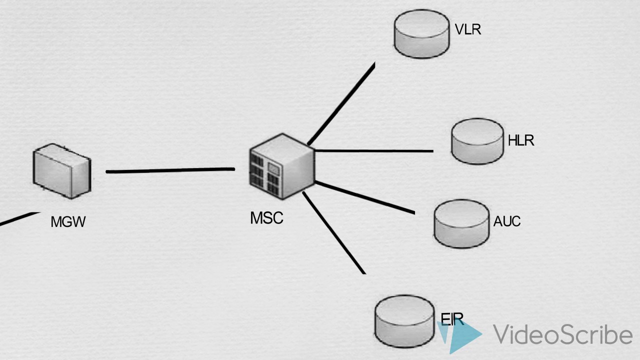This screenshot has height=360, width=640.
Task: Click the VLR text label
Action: (x=467, y=29)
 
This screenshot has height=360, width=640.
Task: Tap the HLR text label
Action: (x=521, y=140)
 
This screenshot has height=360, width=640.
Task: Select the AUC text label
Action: (x=507, y=221)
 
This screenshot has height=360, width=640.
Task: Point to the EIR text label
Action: (x=452, y=319)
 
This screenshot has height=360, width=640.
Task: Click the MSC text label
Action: (x=266, y=217)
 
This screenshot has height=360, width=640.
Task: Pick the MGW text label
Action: (x=68, y=221)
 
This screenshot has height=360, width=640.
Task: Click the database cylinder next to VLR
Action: (x=421, y=34)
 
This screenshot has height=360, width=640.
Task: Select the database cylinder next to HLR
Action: (x=477, y=141)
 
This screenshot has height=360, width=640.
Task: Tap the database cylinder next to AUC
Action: (x=461, y=223)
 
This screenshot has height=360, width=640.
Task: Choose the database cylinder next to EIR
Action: (x=404, y=321)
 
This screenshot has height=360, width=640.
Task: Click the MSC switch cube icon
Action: (x=282, y=166)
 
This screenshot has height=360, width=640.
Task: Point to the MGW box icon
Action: (x=62, y=171)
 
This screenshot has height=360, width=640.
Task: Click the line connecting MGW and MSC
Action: (x=170, y=170)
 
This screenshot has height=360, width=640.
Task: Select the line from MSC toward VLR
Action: (x=341, y=103)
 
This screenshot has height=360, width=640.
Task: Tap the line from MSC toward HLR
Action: (x=374, y=150)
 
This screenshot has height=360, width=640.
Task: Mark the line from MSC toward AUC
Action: (x=365, y=197)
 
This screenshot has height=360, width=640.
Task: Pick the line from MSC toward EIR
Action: (x=334, y=233)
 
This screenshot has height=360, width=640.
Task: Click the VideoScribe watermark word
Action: (x=562, y=334)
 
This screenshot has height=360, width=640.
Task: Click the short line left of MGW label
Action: (x=19, y=219)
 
